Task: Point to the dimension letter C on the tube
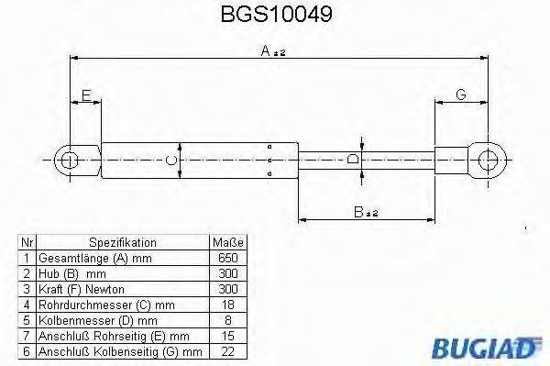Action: [170, 161]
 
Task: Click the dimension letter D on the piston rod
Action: [354, 161]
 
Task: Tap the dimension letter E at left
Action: [86, 95]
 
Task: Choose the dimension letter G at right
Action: [460, 95]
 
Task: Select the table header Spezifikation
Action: [124, 242]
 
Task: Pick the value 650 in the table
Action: [228, 258]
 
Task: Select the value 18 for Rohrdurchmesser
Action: [228, 305]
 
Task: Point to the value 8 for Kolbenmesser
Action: [228, 320]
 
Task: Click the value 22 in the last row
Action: [228, 351]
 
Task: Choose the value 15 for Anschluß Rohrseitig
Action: [228, 336]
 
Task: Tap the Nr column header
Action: [27, 242]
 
